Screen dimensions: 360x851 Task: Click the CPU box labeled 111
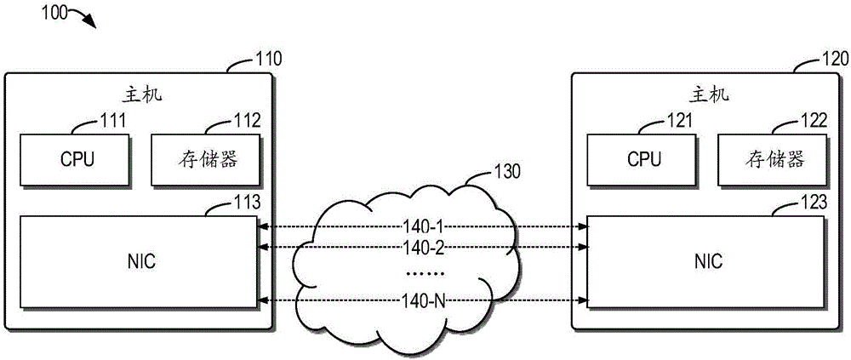(77, 158)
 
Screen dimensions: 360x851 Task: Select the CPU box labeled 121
(644, 158)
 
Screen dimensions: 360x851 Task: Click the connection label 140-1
(425, 227)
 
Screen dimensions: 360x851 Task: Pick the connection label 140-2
(425, 247)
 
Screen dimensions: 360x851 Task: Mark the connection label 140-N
(425, 300)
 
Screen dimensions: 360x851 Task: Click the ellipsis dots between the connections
(425, 274)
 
